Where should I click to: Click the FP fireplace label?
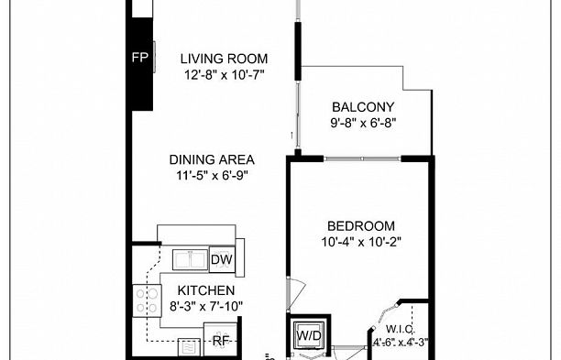(x=139, y=58)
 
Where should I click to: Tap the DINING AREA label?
(x=217, y=158)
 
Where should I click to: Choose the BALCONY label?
(x=362, y=105)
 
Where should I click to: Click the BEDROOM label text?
(x=361, y=226)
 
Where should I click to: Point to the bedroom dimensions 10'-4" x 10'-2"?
(x=362, y=242)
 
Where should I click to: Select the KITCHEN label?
(x=200, y=290)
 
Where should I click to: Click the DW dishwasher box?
(x=221, y=260)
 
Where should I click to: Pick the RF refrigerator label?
(x=221, y=341)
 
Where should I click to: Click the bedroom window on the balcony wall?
(x=362, y=158)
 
